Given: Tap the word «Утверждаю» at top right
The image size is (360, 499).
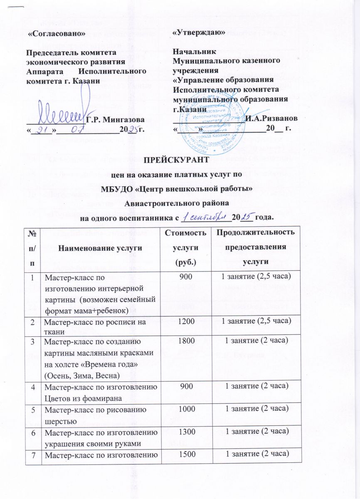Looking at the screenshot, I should (199, 32).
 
